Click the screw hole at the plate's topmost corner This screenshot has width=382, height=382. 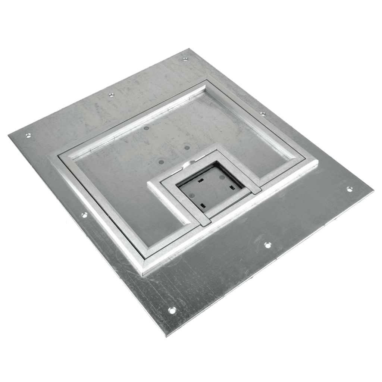click(x=185, y=59)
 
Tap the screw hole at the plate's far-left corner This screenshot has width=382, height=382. click(x=28, y=136)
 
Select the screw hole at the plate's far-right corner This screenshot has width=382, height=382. click(x=350, y=189)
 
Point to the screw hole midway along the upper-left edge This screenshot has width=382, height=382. click(x=111, y=95)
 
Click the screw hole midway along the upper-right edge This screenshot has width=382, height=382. click(x=263, y=114)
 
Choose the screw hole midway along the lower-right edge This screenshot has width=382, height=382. click(x=267, y=245)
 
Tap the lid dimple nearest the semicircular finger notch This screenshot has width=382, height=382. click(x=186, y=148)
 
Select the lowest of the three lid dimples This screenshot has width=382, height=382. click(x=161, y=162)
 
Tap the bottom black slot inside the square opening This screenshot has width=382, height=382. click(x=203, y=206)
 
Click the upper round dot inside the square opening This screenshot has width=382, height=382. click(x=222, y=178)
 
